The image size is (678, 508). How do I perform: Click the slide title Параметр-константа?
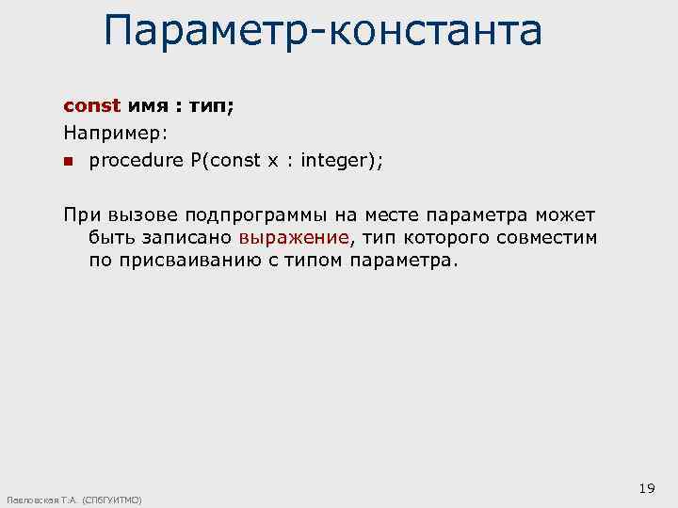[323, 30]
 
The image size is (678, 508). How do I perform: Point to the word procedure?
[137, 161]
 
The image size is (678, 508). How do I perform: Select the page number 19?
[646, 487]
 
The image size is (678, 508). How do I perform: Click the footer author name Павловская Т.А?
[40, 500]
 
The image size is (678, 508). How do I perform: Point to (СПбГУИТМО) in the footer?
[112, 500]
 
